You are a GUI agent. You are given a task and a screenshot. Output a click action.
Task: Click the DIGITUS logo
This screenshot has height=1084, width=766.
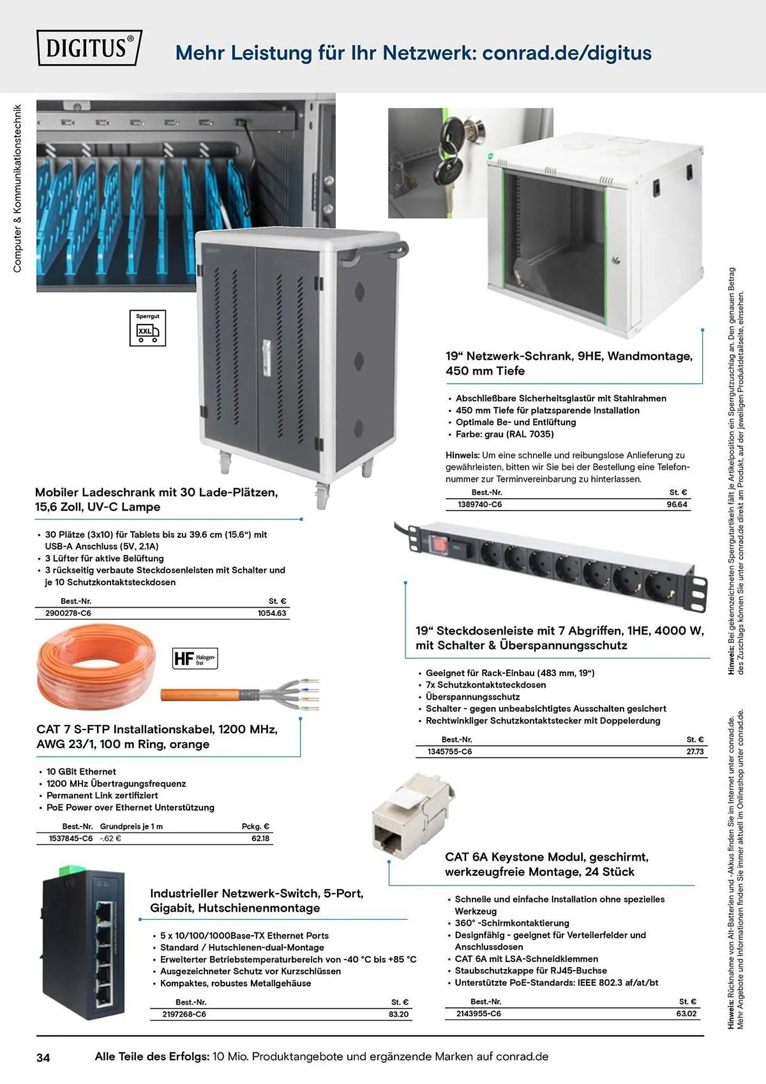(89, 48)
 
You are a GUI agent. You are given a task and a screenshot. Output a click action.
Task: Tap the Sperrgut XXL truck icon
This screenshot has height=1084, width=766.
(148, 328)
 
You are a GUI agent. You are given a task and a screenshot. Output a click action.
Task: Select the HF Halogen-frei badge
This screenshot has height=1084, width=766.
(195, 659)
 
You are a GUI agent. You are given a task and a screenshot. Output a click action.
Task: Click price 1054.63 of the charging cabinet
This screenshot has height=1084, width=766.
(272, 613)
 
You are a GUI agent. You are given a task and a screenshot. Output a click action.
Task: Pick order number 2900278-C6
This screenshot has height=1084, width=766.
(68, 613)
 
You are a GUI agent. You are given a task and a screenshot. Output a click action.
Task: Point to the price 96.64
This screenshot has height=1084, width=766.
(677, 505)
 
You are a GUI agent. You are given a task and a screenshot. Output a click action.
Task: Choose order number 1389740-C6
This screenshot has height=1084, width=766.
(480, 505)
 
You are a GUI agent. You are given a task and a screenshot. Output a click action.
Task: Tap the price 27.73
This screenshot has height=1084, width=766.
(695, 752)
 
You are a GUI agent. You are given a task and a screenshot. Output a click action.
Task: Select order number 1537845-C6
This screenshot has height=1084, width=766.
(71, 838)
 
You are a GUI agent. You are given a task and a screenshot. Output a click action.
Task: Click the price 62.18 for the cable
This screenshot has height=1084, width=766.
(261, 838)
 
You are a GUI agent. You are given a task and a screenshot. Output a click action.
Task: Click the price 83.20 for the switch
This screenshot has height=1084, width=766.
(399, 1014)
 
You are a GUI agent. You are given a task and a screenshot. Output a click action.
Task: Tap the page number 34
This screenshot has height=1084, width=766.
(43, 1057)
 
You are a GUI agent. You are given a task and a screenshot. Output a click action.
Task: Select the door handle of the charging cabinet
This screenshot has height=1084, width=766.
(266, 358)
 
